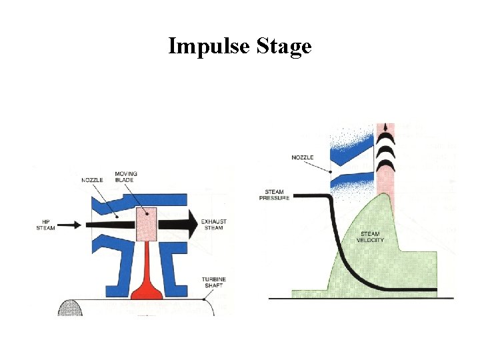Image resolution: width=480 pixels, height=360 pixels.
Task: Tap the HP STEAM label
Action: point(46,225)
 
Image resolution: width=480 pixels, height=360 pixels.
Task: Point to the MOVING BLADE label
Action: point(126,177)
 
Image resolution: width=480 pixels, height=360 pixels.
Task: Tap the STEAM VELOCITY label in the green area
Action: point(371,237)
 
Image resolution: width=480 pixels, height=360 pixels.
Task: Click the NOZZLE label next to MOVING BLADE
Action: point(92,180)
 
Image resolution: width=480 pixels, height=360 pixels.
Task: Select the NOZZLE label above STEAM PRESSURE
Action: point(303,157)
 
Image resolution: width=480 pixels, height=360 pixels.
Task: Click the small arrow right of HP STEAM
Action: point(65,225)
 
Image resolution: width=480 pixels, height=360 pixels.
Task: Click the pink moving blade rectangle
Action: point(146,224)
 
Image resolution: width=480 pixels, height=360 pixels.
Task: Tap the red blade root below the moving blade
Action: point(146,280)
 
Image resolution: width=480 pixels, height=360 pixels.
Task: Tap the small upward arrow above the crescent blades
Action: point(384,129)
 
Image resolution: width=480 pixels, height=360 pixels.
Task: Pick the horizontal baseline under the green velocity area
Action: point(360,299)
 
